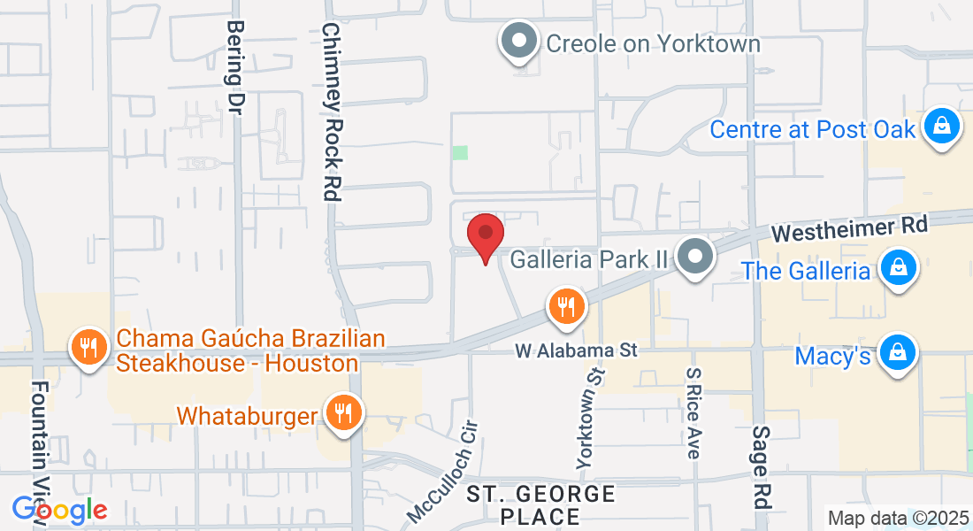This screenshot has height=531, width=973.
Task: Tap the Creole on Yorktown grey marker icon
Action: (519, 42)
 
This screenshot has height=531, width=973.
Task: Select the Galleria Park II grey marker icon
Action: (695, 258)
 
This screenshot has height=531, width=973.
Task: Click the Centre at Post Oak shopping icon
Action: (942, 128)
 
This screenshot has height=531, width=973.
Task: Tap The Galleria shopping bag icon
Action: (898, 269)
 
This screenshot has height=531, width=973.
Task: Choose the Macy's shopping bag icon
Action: (898, 355)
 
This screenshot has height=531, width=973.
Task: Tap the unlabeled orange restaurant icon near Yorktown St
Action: (564, 307)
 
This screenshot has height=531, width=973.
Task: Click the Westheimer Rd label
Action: (849, 230)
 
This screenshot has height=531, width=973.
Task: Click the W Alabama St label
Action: (577, 351)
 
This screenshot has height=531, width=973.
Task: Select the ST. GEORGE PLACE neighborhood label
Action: (540, 504)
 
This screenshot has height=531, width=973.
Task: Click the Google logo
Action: (59, 510)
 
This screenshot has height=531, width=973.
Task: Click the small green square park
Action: (459, 153)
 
